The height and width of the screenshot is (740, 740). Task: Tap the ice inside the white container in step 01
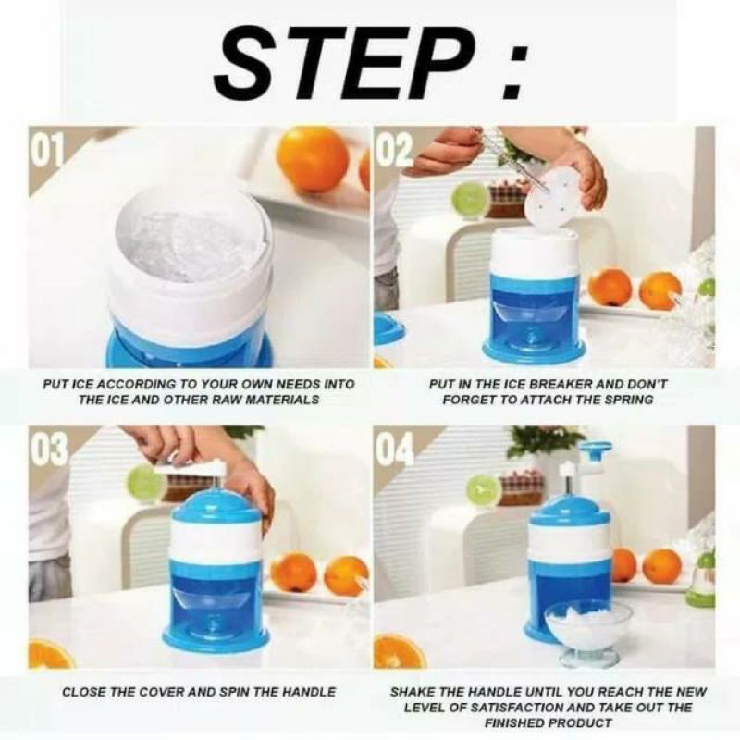coord(192,245)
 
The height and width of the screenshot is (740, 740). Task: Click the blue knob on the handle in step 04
coord(596,449)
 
